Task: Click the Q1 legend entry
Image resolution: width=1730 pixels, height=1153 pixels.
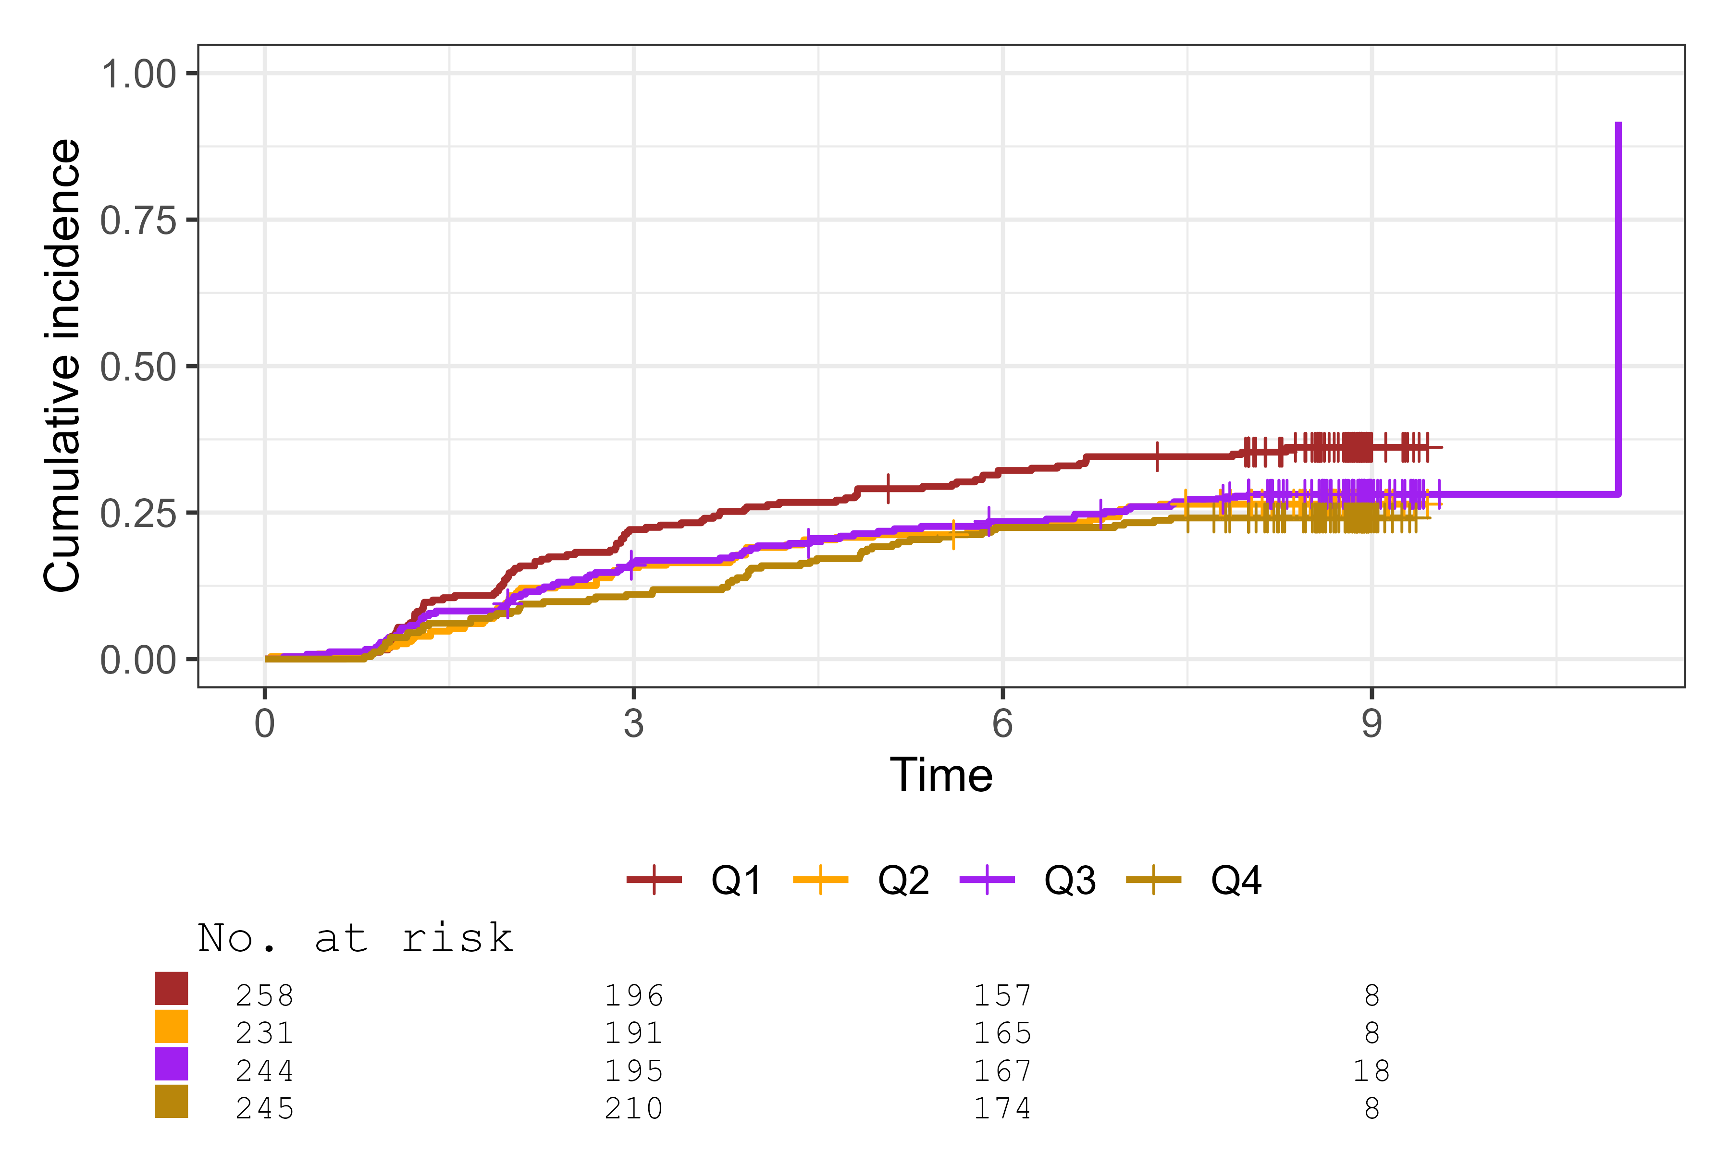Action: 695,880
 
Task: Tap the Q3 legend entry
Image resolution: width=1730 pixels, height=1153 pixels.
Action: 1028,880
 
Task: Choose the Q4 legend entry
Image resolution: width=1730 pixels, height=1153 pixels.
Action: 1195,880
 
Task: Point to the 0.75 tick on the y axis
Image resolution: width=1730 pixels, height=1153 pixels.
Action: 138,221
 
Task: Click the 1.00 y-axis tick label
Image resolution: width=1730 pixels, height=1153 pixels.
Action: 138,74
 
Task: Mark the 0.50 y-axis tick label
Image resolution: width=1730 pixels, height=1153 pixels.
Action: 138,367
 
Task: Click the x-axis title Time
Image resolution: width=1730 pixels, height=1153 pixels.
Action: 941,776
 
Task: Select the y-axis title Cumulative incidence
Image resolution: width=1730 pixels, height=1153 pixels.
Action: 62,366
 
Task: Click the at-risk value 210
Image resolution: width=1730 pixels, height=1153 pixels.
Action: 633,1109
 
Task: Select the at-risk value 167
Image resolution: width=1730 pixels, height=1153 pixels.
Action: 1002,1071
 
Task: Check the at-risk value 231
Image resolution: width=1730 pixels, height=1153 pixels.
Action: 265,1033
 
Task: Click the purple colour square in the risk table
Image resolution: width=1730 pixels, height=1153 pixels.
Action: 172,1064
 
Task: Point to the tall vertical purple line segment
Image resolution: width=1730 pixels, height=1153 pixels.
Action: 1618,309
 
